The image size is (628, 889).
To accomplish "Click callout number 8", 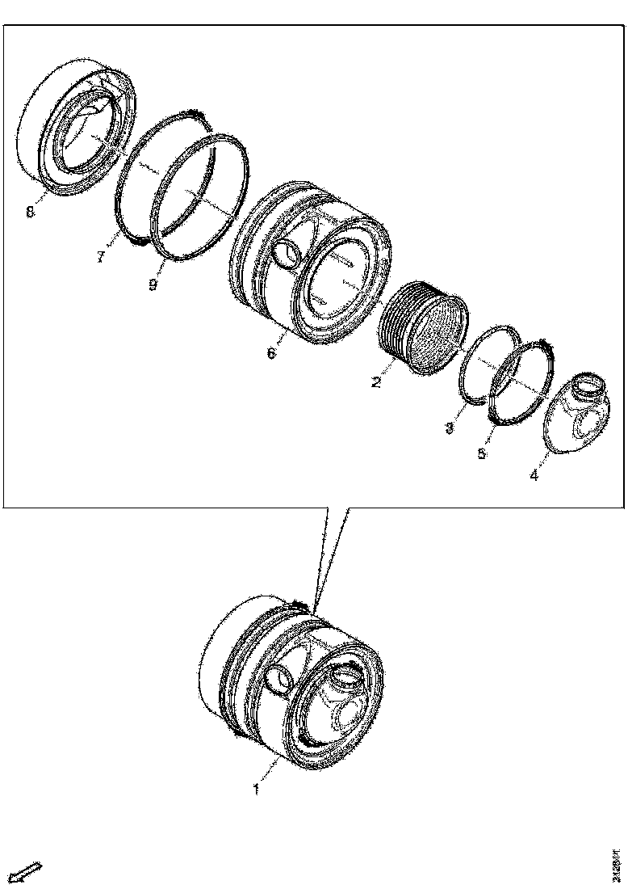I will pos(30,212).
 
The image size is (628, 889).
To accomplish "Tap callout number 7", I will pos(101,257).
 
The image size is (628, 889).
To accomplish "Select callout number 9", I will pos(153,284).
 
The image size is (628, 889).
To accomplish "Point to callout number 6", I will pos(270,354).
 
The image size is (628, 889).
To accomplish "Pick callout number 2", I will pos(376,382).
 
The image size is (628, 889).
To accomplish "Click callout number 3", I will pos(450,428).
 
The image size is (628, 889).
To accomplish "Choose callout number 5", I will pos(482,453).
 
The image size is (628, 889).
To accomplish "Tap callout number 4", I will pos(534,476).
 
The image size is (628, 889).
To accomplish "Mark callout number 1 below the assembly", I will pos(256,788).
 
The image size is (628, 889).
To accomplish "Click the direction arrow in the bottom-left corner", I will pos(29,871).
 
